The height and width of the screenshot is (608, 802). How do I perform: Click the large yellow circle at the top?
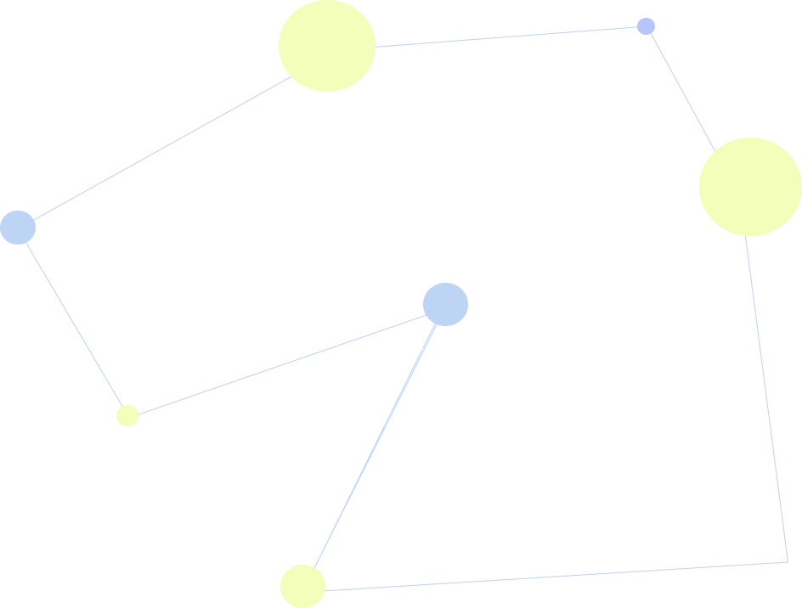click(327, 46)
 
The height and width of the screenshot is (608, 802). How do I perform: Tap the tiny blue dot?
click(646, 26)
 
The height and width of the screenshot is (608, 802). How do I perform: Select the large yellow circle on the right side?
click(750, 187)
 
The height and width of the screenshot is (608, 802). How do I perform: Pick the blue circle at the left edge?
click(17, 228)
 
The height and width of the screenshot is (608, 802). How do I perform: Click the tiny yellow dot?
click(127, 415)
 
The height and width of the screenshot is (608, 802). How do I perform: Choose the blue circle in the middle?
click(445, 304)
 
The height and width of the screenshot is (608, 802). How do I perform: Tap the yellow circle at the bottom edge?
click(302, 587)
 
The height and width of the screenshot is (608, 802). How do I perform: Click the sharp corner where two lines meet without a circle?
click(788, 562)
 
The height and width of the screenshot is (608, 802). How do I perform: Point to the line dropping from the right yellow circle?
click(767, 399)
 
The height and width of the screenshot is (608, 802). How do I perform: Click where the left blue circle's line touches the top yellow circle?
click(292, 77)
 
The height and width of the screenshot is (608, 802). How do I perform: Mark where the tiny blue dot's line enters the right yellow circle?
click(714, 151)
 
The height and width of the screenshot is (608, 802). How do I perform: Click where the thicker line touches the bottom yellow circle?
click(313, 567)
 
